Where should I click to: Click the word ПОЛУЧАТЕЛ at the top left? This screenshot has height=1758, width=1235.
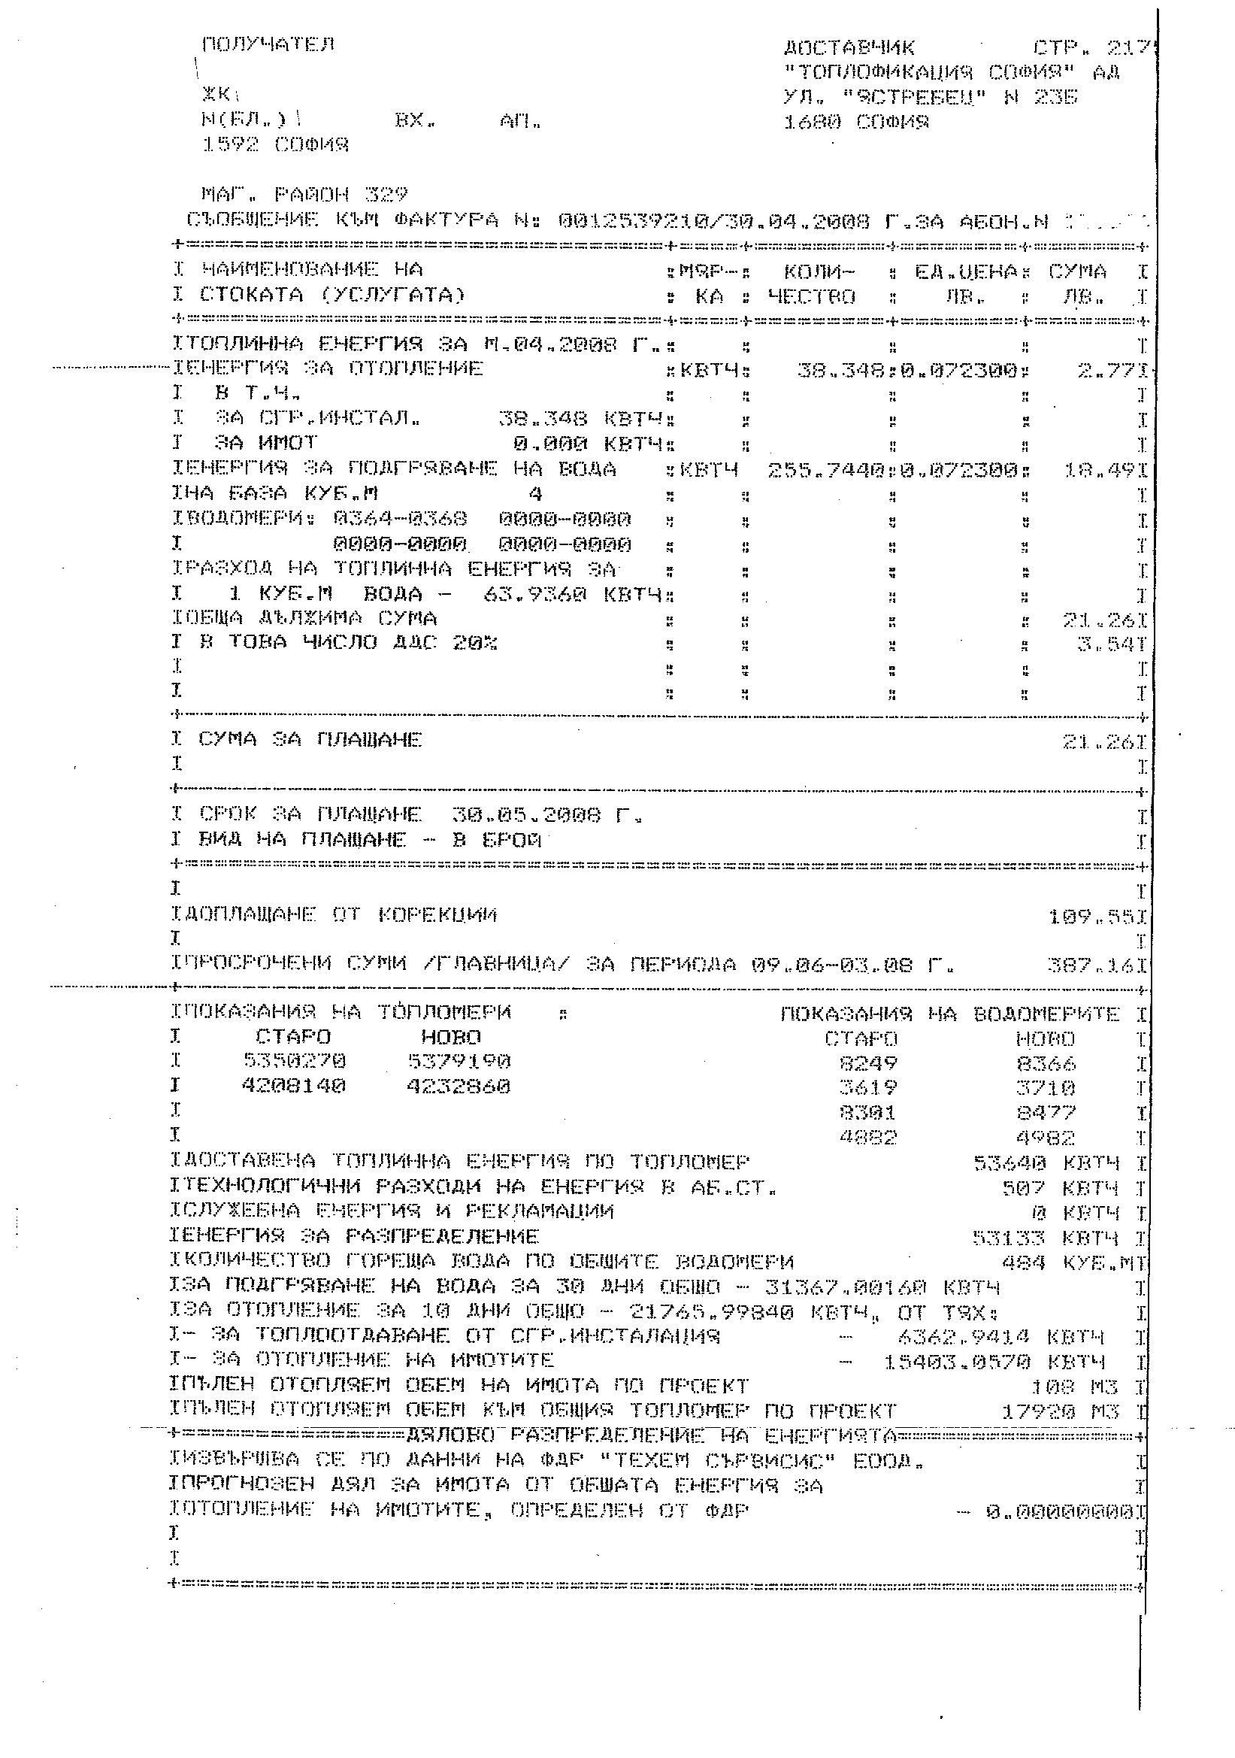(268, 44)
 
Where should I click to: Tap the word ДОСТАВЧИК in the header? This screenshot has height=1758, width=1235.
(849, 48)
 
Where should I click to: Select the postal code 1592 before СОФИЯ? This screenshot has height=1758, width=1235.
(232, 144)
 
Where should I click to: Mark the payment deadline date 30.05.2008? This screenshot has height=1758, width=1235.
(527, 814)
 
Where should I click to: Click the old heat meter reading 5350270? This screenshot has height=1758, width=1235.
(295, 1061)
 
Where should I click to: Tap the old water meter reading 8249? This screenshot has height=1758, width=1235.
(867, 1062)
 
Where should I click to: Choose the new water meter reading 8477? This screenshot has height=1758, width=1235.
(1045, 1112)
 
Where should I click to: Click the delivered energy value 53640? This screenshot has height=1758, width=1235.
(1009, 1163)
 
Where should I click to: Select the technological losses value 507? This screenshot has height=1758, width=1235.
(1023, 1188)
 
